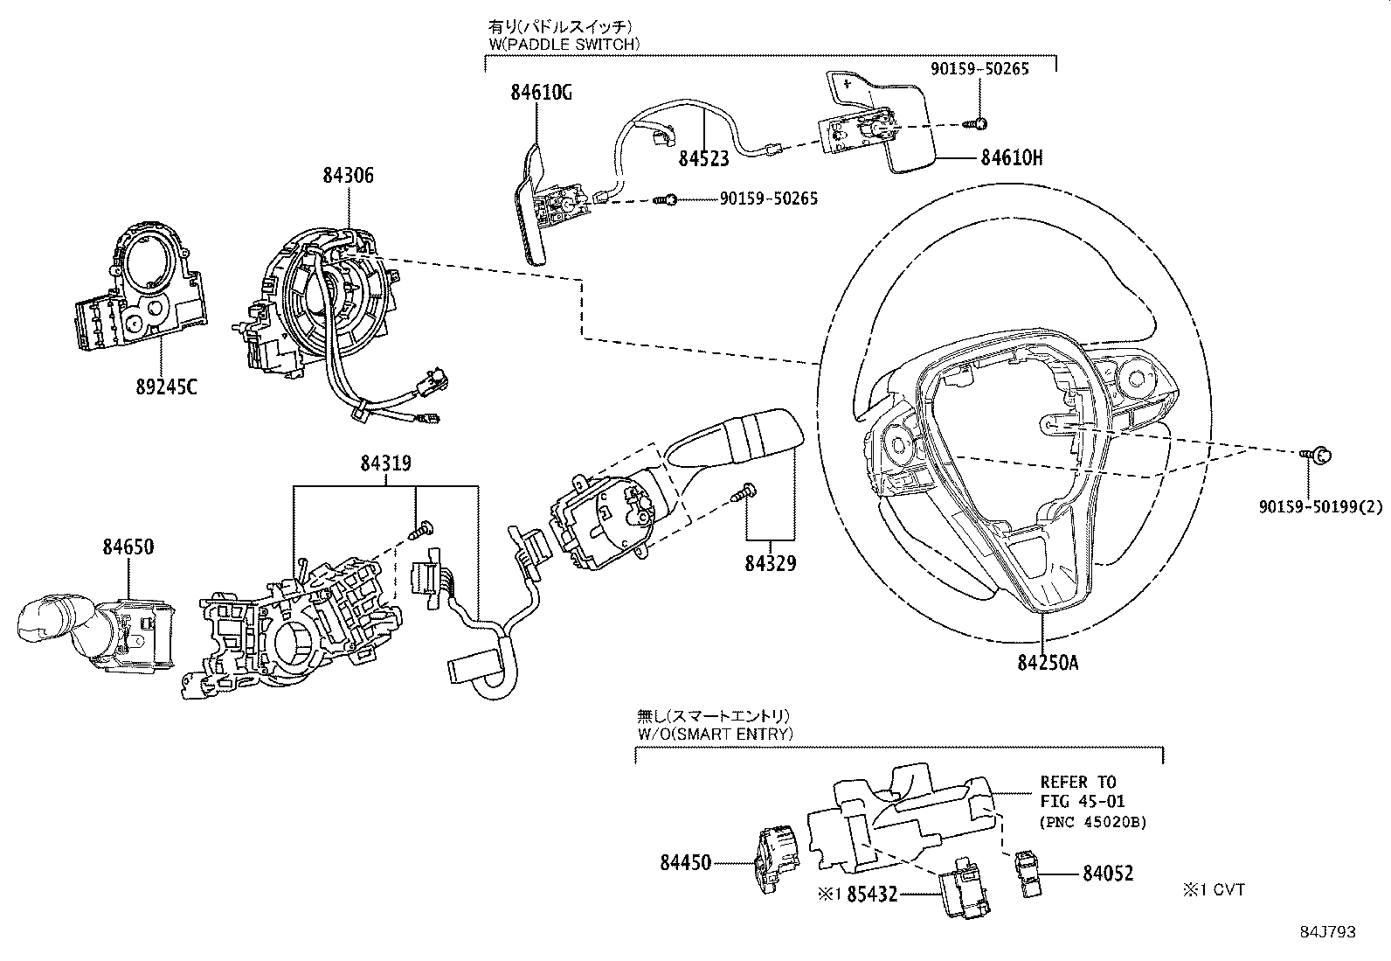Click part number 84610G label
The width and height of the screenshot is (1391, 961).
542,92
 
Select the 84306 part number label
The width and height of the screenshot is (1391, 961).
348,175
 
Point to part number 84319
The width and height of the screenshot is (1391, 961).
385,463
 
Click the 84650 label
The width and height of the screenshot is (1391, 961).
128,547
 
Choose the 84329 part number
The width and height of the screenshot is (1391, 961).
771,563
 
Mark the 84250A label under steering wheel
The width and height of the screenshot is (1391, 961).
1048,663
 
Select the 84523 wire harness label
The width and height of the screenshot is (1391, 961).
704,158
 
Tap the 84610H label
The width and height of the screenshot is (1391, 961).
1012,158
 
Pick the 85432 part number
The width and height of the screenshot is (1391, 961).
874,895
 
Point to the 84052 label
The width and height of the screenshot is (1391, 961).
1108,873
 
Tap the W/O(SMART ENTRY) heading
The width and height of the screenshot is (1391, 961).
715,734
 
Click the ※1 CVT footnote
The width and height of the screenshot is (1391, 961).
1214,890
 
